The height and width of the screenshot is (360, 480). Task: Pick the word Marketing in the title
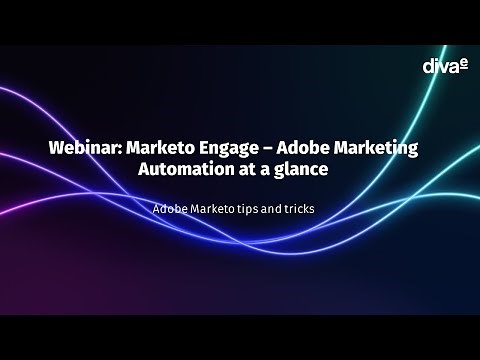382,148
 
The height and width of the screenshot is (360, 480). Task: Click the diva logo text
437,66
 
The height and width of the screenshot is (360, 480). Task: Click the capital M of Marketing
348,147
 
